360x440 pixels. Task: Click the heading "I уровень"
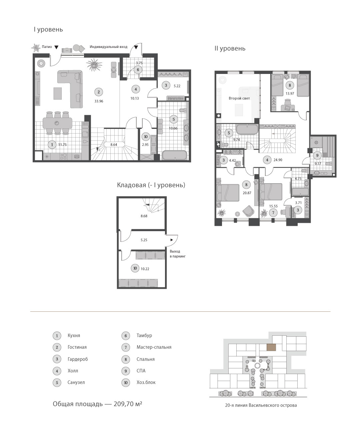tap(48, 29)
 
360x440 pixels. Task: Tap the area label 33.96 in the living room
tap(99, 101)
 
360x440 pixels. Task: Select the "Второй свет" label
tap(239, 98)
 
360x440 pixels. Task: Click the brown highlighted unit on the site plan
tap(271, 347)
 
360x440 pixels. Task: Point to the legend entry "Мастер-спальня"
tap(154, 347)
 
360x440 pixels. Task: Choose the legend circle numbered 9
tap(126, 371)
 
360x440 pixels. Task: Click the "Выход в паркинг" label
tap(177, 254)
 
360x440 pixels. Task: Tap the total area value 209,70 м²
tap(128, 404)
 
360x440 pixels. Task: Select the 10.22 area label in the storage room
tap(145, 269)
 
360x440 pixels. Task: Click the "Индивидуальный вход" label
tap(108, 47)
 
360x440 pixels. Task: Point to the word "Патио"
tap(47, 47)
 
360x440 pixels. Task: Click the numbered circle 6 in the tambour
tap(138, 70)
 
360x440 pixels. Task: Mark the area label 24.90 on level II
tap(278, 160)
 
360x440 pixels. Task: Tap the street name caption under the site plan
tap(261, 405)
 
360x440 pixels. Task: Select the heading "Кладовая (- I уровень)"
tap(151, 185)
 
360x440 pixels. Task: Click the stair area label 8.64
tap(114, 145)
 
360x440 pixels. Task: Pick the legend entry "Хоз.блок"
tap(146, 382)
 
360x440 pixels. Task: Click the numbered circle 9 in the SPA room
tap(317, 156)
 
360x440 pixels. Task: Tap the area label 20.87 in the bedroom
tap(247, 193)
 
